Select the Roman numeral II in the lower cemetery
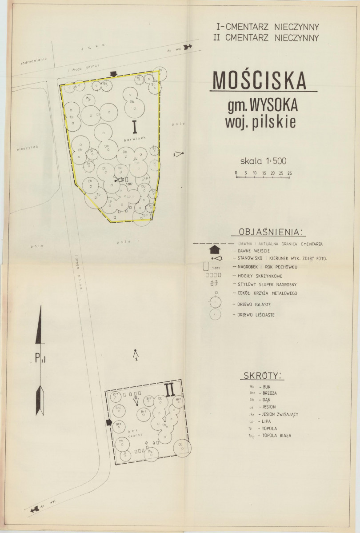[169, 389]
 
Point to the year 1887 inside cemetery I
[130, 184]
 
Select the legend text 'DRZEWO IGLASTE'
[252, 305]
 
